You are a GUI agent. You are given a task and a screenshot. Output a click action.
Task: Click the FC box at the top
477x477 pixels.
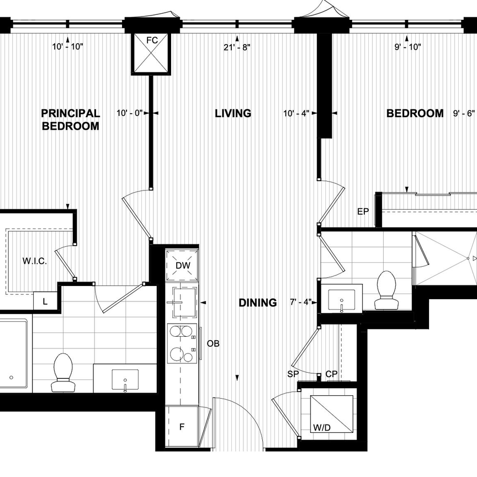(x=152, y=53)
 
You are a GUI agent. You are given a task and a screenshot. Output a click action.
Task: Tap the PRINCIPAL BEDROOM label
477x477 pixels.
(x=71, y=119)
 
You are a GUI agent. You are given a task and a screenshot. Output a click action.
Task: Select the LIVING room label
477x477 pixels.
(x=232, y=113)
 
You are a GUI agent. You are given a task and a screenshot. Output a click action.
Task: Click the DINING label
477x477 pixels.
(x=258, y=303)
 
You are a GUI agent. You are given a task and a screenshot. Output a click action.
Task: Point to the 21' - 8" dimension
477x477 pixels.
(x=237, y=47)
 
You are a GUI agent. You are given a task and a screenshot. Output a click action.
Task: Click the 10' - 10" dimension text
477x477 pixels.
(x=67, y=47)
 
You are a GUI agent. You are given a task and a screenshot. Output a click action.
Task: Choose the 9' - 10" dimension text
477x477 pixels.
(x=407, y=47)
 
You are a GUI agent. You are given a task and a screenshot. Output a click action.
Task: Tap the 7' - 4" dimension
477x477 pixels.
(x=300, y=303)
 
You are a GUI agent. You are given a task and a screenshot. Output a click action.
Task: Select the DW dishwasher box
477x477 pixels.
(x=182, y=266)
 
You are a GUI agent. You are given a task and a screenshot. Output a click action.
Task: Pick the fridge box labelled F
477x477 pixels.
(x=182, y=426)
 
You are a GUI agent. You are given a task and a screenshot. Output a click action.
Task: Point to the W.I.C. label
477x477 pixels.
(x=34, y=261)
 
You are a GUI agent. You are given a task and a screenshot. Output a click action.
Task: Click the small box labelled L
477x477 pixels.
(x=45, y=301)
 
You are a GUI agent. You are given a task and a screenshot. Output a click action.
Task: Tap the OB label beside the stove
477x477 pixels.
(x=213, y=343)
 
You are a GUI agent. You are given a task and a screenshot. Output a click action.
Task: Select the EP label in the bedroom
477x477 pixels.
(x=363, y=211)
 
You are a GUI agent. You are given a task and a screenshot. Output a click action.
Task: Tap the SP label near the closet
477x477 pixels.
(x=294, y=374)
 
